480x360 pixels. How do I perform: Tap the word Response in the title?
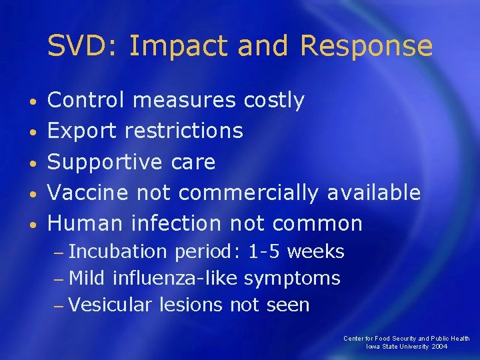[x=367, y=47]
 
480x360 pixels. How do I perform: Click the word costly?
[x=274, y=101]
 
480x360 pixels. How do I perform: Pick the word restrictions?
[x=187, y=131]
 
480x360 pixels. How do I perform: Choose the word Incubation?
[x=118, y=251]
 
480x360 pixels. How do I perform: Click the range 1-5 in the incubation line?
[x=262, y=251]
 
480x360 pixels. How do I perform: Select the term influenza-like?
[x=175, y=278]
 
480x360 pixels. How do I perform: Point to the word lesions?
[x=191, y=305]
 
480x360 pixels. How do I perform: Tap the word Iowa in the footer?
[x=373, y=347]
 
